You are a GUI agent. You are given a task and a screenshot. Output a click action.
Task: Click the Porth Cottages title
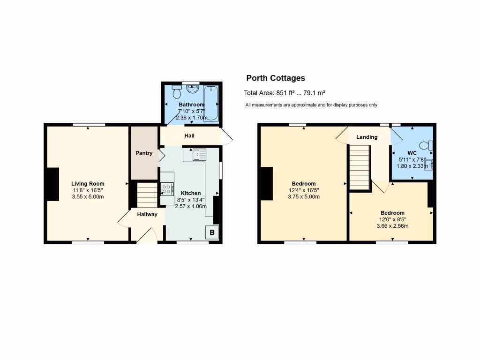click(x=276, y=78)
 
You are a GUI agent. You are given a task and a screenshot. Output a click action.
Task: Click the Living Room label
click(x=88, y=184)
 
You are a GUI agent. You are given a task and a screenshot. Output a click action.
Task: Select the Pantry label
click(x=144, y=153)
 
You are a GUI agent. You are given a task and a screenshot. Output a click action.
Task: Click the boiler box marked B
click(x=212, y=232)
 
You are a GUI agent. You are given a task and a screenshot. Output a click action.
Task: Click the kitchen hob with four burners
click(x=166, y=189)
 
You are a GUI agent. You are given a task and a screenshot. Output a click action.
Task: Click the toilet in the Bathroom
click(x=177, y=87)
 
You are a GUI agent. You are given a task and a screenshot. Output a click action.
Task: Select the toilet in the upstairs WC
click(x=428, y=145)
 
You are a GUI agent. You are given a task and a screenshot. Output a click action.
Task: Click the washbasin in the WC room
click(x=428, y=165)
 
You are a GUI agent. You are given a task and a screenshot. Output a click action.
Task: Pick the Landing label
click(x=367, y=137)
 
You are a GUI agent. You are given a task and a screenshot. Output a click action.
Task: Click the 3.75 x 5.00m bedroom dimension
click(x=303, y=197)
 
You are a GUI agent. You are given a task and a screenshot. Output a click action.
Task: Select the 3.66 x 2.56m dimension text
click(x=392, y=226)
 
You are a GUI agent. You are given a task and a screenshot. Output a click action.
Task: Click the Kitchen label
click(x=191, y=193)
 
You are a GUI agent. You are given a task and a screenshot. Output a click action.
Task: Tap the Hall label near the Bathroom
click(x=189, y=136)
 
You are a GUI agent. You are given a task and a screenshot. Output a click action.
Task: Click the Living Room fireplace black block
click(x=52, y=185)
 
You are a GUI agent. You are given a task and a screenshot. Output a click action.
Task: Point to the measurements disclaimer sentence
click(x=311, y=105)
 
